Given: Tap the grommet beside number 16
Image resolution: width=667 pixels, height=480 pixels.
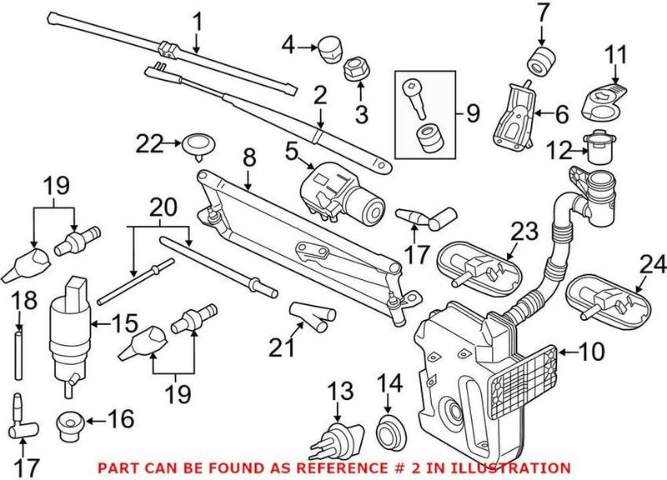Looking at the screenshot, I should [72, 425].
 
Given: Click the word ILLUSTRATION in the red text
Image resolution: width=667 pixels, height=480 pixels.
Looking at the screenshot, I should [517, 468].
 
